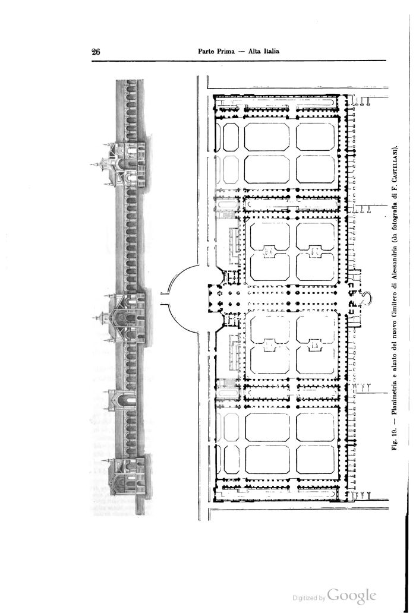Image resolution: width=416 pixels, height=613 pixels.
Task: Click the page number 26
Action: pos(96,52)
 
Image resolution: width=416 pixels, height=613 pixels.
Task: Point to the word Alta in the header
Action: pos(254,51)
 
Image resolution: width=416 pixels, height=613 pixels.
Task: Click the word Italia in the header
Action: pos(271,51)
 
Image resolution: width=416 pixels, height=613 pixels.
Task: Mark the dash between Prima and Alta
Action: pos(242,52)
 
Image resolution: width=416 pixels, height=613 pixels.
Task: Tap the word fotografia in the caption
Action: pos(395,220)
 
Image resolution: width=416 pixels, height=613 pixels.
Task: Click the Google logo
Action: pos(352,596)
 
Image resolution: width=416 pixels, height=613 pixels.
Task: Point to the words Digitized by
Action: pos(309,598)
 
